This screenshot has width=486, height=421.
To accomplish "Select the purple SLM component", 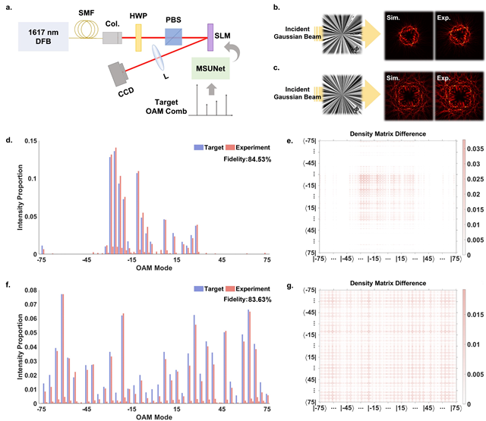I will [210, 35].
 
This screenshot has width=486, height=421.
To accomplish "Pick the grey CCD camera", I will [121, 75].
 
